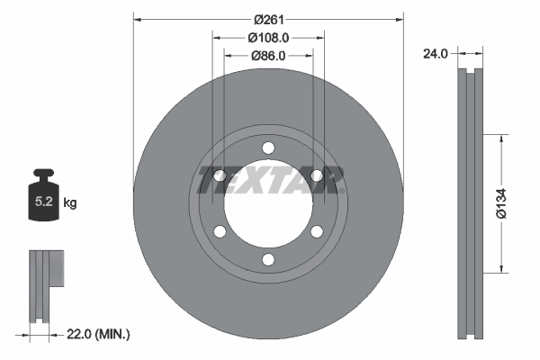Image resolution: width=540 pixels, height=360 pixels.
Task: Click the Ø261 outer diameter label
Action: (268, 19)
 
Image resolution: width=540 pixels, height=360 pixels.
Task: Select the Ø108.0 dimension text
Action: (268, 38)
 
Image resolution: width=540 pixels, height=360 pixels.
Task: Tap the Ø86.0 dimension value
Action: (268, 56)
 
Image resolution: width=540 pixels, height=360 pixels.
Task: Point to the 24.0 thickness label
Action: (436, 54)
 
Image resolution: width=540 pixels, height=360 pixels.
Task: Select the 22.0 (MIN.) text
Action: (100, 334)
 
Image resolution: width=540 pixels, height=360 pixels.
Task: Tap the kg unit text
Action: (70, 204)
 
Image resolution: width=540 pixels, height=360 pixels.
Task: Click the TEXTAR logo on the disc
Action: (268, 178)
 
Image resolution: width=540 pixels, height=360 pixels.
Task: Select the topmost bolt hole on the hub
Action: (268, 149)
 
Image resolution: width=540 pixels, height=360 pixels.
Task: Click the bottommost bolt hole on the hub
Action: (268, 260)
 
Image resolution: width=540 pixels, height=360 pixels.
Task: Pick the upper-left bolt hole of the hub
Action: (220, 176)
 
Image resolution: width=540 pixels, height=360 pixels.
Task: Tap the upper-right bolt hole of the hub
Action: (317, 176)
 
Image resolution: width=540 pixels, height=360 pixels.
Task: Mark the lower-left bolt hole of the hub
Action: (220, 232)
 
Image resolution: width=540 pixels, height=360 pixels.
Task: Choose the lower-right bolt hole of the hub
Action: (317, 232)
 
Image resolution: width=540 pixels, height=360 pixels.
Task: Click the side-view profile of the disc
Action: (470, 204)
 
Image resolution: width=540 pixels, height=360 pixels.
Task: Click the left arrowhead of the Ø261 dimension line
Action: (138, 19)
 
